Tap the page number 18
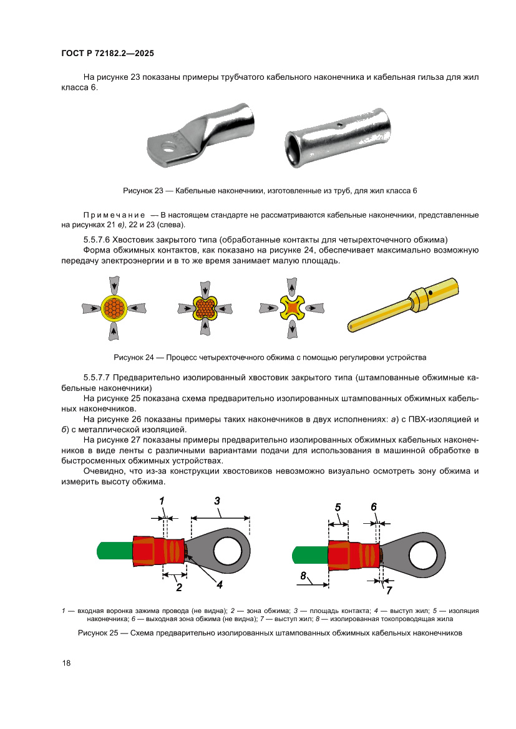(66, 663)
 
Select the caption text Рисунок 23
(144, 190)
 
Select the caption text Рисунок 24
(133, 357)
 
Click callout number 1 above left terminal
(162, 501)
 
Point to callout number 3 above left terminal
(217, 500)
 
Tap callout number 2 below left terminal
(178, 587)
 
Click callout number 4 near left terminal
(220, 584)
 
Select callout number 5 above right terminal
(338, 507)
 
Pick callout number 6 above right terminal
(374, 507)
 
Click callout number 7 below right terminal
(389, 589)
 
